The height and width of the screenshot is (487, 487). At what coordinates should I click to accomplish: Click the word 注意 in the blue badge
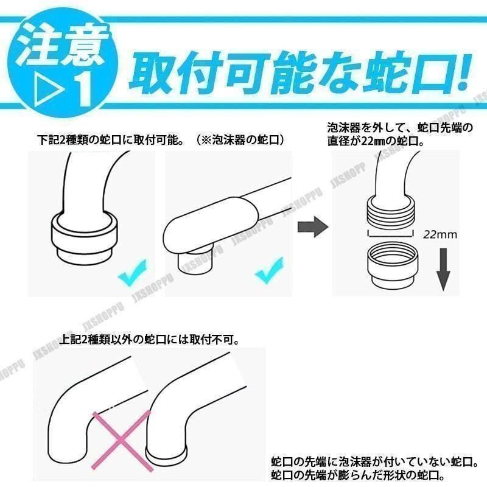[x=61, y=47]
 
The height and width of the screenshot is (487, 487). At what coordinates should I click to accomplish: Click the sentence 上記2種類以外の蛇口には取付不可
[x=151, y=338]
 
